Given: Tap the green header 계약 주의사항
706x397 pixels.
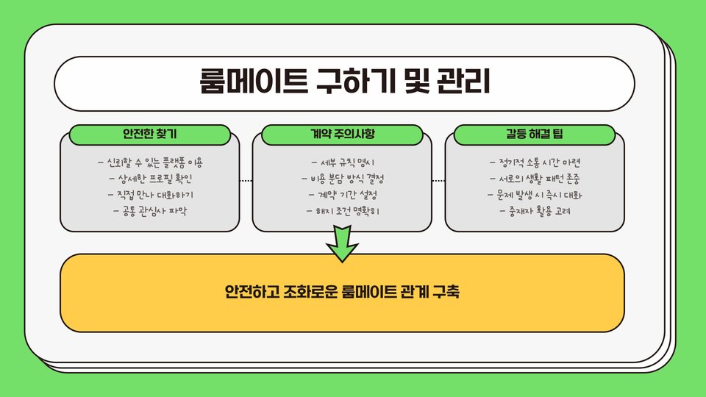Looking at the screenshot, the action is [343, 135].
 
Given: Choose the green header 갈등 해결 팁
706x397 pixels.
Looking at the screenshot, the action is [535, 135].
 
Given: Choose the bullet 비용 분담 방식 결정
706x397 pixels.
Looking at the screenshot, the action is [343, 179].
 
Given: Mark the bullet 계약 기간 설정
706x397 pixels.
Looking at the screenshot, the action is [343, 195].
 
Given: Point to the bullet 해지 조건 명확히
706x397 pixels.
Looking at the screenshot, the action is [343, 211].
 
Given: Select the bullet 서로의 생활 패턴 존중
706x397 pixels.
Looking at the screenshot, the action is [535, 179].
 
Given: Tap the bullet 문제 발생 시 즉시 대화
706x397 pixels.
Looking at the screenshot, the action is [535, 195].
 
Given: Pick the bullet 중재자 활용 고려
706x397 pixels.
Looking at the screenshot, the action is [535, 211].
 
